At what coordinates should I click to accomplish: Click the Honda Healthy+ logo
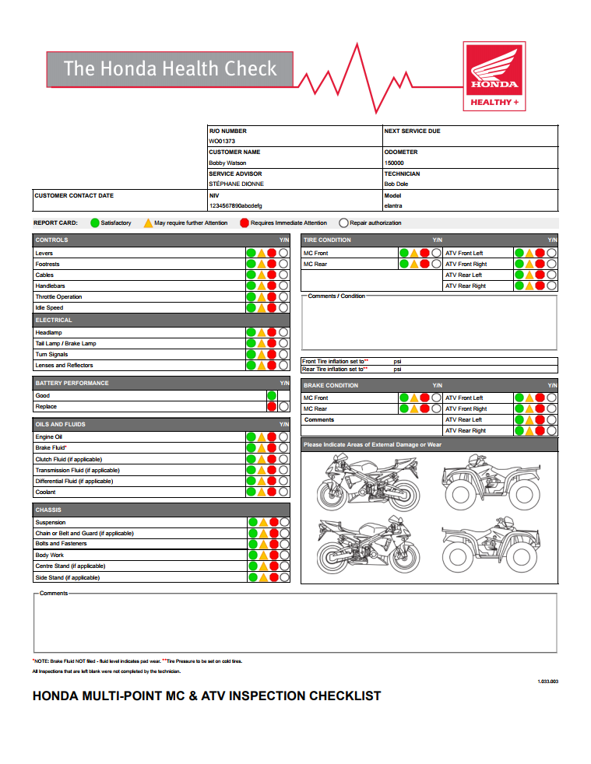pyautogui.click(x=494, y=75)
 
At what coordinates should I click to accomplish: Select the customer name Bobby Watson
pyautogui.click(x=227, y=163)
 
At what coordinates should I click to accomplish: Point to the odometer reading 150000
pyautogui.click(x=394, y=163)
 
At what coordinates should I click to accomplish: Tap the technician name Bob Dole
pyautogui.click(x=396, y=184)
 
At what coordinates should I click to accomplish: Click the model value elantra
pyautogui.click(x=394, y=205)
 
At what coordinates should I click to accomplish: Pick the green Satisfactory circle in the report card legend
pyautogui.click(x=95, y=223)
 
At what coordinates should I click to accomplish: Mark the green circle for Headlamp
pyautogui.click(x=251, y=333)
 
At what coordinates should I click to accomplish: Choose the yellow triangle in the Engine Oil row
pyautogui.click(x=262, y=437)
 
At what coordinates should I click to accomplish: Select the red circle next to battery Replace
pyautogui.click(x=272, y=407)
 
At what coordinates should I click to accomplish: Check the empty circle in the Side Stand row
pyautogui.click(x=283, y=578)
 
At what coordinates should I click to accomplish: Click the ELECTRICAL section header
pyautogui.click(x=54, y=320)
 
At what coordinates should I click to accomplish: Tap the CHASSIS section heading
pyautogui.click(x=48, y=510)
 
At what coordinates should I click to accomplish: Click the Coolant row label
pyautogui.click(x=45, y=492)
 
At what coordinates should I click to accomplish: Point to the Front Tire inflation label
pyautogui.click(x=335, y=362)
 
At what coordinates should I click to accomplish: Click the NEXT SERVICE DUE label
pyautogui.click(x=412, y=131)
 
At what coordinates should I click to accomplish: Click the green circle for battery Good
pyautogui.click(x=272, y=396)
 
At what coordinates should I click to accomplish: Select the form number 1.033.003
pyautogui.click(x=548, y=682)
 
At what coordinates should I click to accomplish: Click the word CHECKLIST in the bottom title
pyautogui.click(x=346, y=696)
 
